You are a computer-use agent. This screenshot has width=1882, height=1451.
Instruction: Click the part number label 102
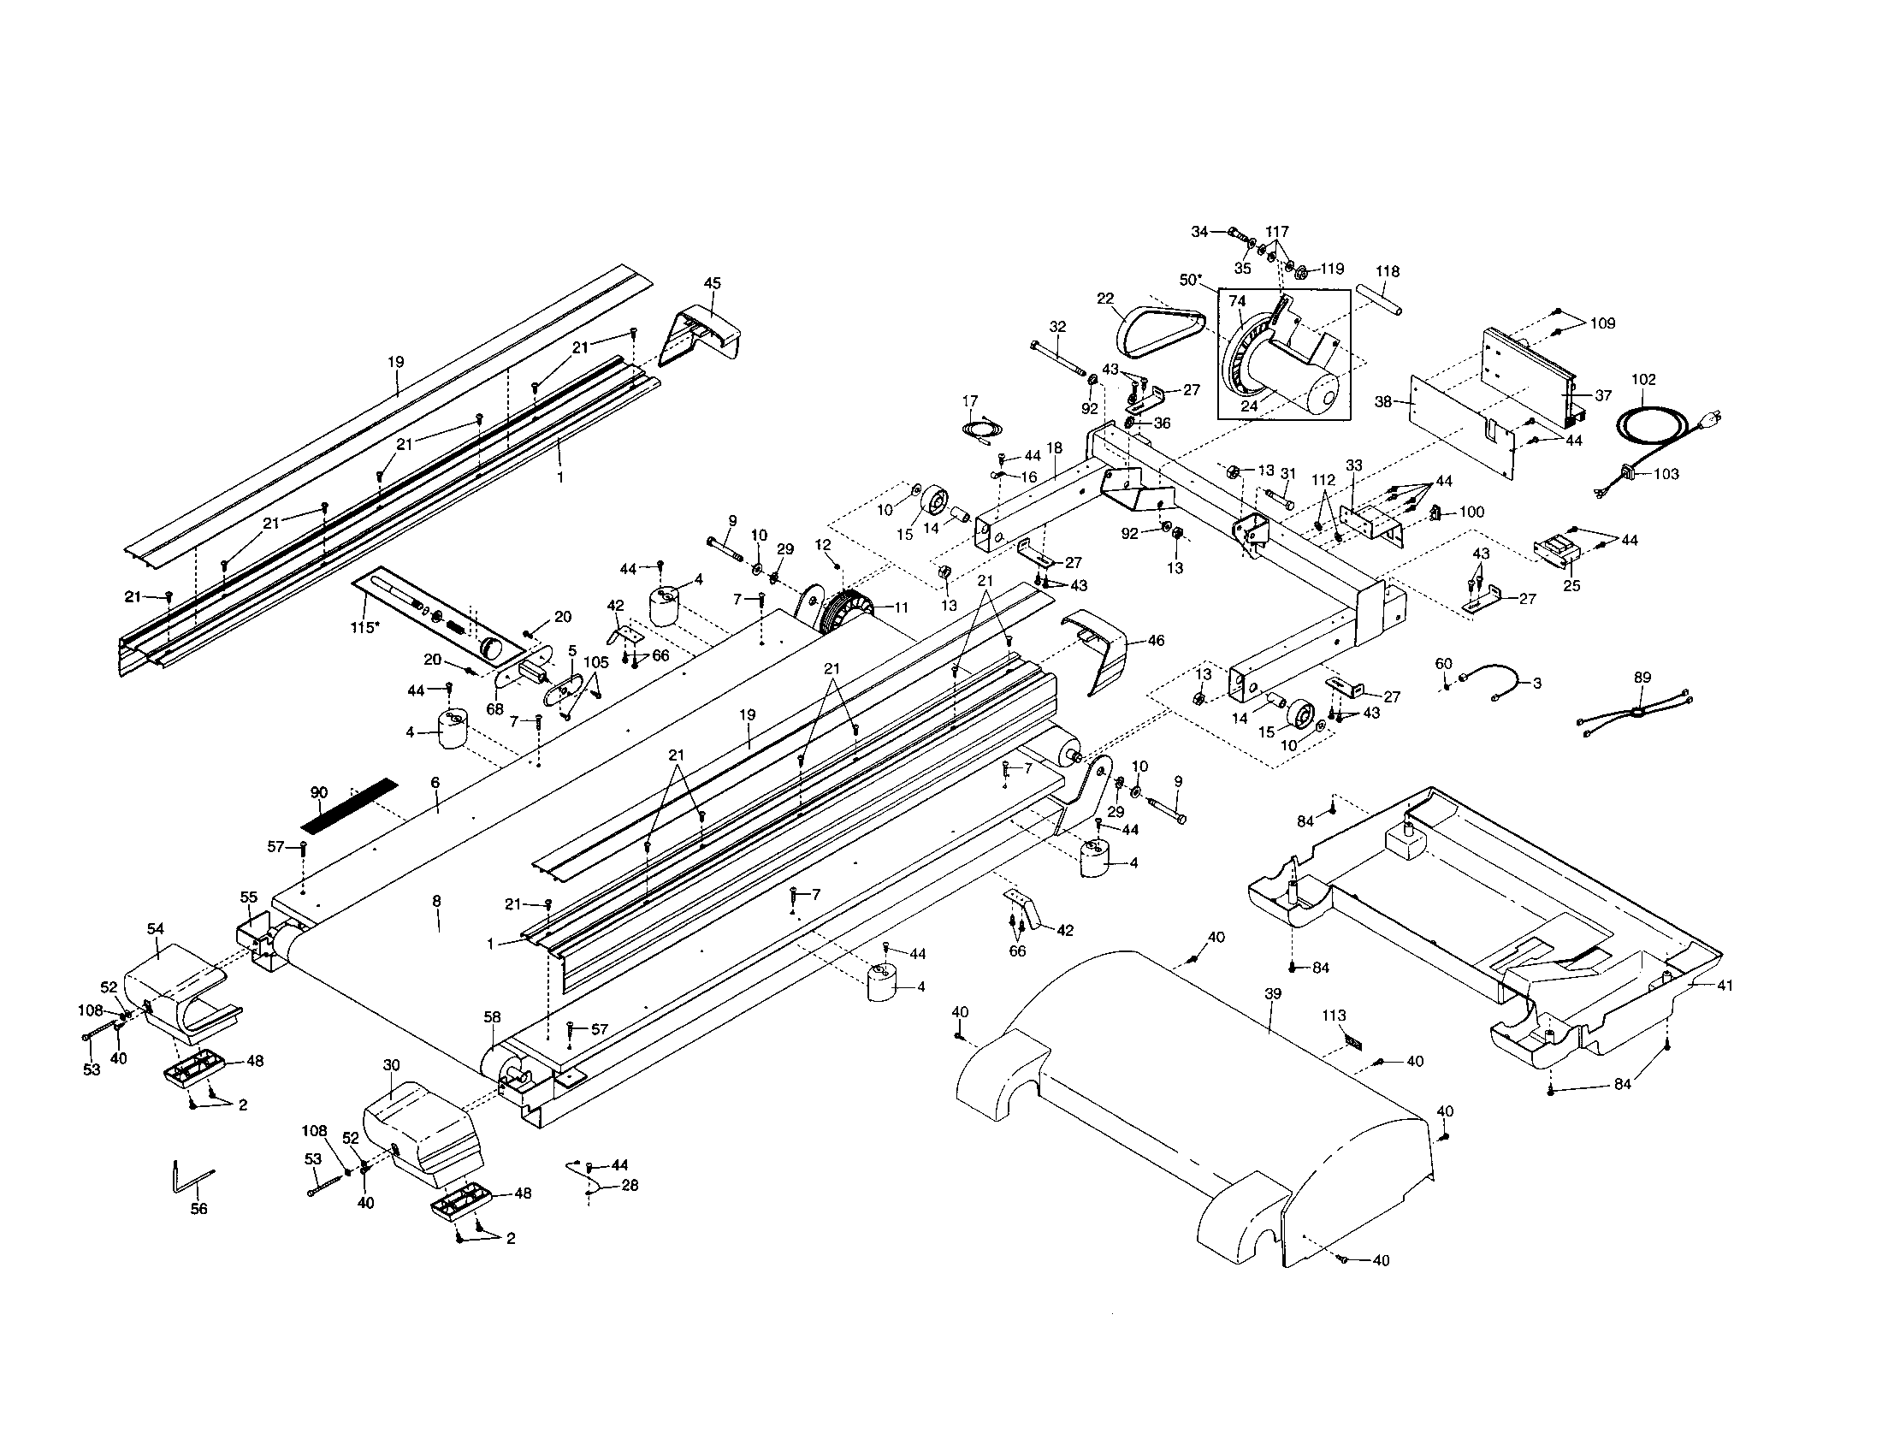click(x=1643, y=379)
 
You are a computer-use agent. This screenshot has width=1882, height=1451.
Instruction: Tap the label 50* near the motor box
click(x=1191, y=280)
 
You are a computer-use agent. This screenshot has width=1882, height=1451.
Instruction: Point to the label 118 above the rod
click(x=1388, y=271)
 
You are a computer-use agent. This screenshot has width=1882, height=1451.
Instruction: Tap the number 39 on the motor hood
click(x=1273, y=993)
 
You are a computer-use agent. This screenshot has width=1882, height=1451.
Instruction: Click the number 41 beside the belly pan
click(x=1725, y=985)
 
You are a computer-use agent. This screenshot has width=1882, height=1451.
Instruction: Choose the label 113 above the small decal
click(x=1334, y=1016)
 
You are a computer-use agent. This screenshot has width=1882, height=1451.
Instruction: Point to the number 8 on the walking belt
click(x=437, y=900)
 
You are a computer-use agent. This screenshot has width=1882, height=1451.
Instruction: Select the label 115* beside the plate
click(x=364, y=627)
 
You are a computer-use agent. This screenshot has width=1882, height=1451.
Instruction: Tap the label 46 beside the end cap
click(x=1157, y=641)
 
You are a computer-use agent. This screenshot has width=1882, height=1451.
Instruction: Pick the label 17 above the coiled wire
click(x=970, y=400)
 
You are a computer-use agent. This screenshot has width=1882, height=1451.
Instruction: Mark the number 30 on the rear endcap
click(x=391, y=1065)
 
